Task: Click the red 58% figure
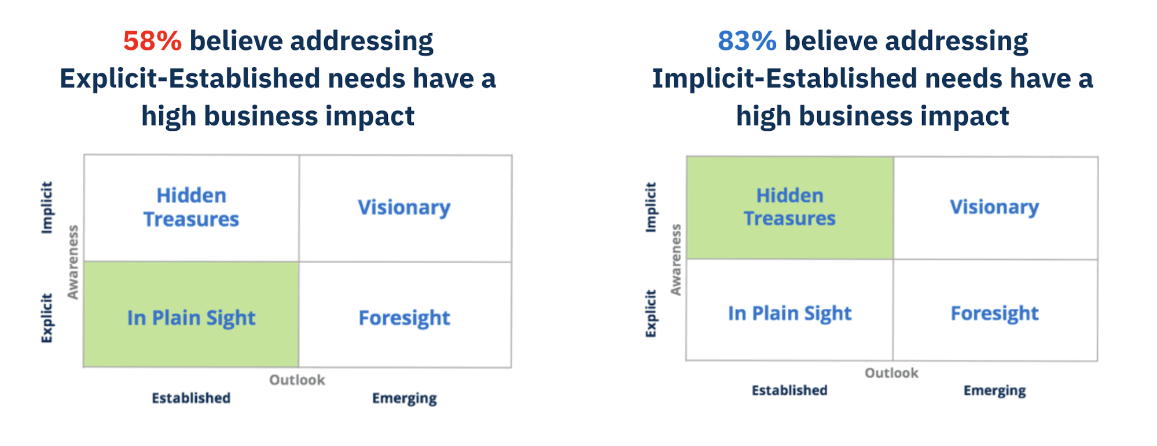(152, 41)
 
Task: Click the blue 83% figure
(747, 41)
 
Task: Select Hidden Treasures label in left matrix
(191, 207)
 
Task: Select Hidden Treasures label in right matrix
(789, 207)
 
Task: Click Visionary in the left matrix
(404, 207)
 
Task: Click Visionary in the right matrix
(994, 207)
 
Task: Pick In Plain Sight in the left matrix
(191, 318)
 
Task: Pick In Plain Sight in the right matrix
(789, 313)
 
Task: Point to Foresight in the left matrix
(404, 318)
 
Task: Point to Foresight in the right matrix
(994, 313)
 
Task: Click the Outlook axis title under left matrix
(297, 380)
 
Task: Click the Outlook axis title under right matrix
(891, 373)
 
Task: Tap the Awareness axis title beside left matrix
(73, 262)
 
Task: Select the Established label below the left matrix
(191, 398)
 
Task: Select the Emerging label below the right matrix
(994, 390)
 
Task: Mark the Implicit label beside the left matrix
(47, 207)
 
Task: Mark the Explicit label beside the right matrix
(651, 313)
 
